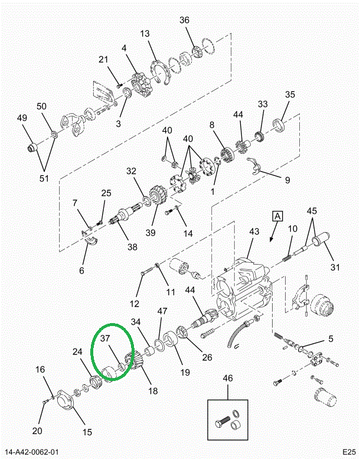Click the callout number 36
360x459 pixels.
coord(185,20)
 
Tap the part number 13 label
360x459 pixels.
coord(145,34)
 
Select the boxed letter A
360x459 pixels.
coord(277,216)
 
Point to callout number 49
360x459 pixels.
coord(22,119)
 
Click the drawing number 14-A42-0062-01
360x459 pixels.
coord(34,453)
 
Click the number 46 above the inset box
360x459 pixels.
coord(228,377)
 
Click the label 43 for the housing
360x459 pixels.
coord(254,232)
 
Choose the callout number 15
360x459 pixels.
coord(87,432)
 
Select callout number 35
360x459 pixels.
coord(290,95)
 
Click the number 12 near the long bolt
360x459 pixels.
coord(135,304)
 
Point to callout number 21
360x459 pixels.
coord(103,59)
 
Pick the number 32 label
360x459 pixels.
coord(131,171)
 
